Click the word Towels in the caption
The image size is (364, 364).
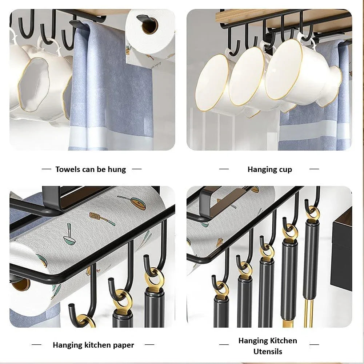click(67, 169)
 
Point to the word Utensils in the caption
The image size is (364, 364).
click(268, 352)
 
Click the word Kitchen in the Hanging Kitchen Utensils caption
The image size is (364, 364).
click(283, 341)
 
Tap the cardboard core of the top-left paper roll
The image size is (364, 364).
click(149, 25)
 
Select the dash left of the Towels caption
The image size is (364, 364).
click(47, 169)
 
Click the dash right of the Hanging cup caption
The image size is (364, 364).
click(314, 169)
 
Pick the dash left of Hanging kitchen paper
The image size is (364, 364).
click(36, 345)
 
